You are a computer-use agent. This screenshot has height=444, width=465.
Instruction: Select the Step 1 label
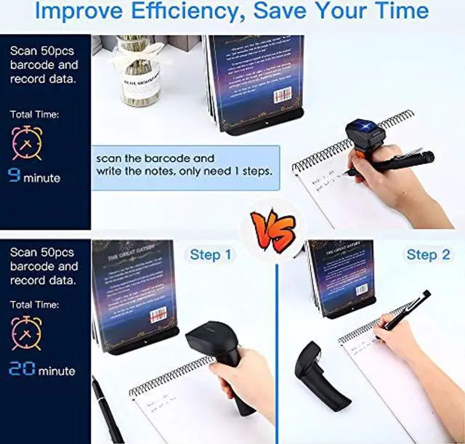pos(211,255)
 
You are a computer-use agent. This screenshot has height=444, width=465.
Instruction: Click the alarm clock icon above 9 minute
pos(28,142)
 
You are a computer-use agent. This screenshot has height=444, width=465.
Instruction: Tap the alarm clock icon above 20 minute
pos(28,334)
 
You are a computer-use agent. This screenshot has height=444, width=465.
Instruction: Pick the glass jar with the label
pos(139,73)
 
